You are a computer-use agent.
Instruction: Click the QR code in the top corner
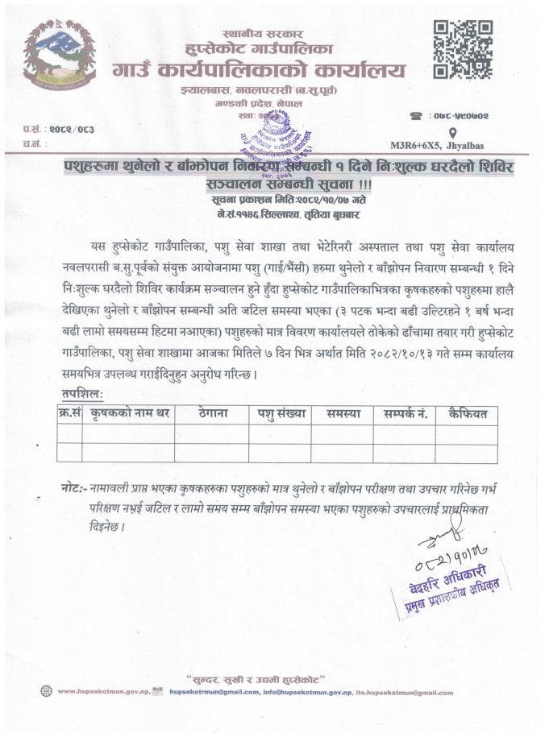(463, 50)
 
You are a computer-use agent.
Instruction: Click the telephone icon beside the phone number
(416, 116)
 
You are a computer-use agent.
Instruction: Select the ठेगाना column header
(212, 413)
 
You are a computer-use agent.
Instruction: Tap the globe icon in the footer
(44, 692)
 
